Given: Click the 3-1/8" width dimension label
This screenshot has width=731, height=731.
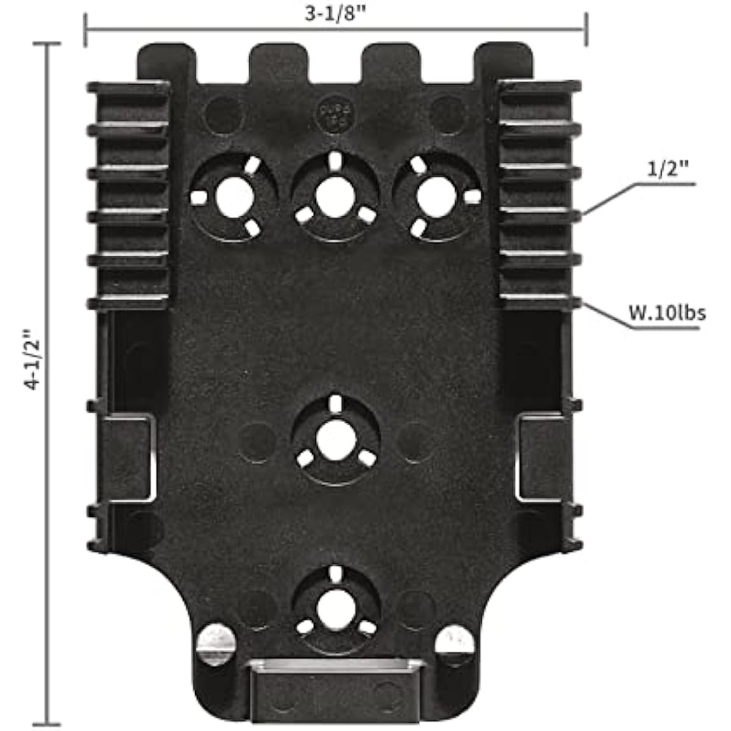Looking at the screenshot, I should tap(335, 12).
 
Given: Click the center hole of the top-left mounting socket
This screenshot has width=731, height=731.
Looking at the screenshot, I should tap(234, 196).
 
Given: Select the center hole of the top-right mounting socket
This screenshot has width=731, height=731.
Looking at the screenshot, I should tap(436, 196).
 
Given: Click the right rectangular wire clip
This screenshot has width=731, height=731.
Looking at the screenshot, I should tap(542, 459).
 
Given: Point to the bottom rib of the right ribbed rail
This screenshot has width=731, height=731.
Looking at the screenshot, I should tap(540, 301).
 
